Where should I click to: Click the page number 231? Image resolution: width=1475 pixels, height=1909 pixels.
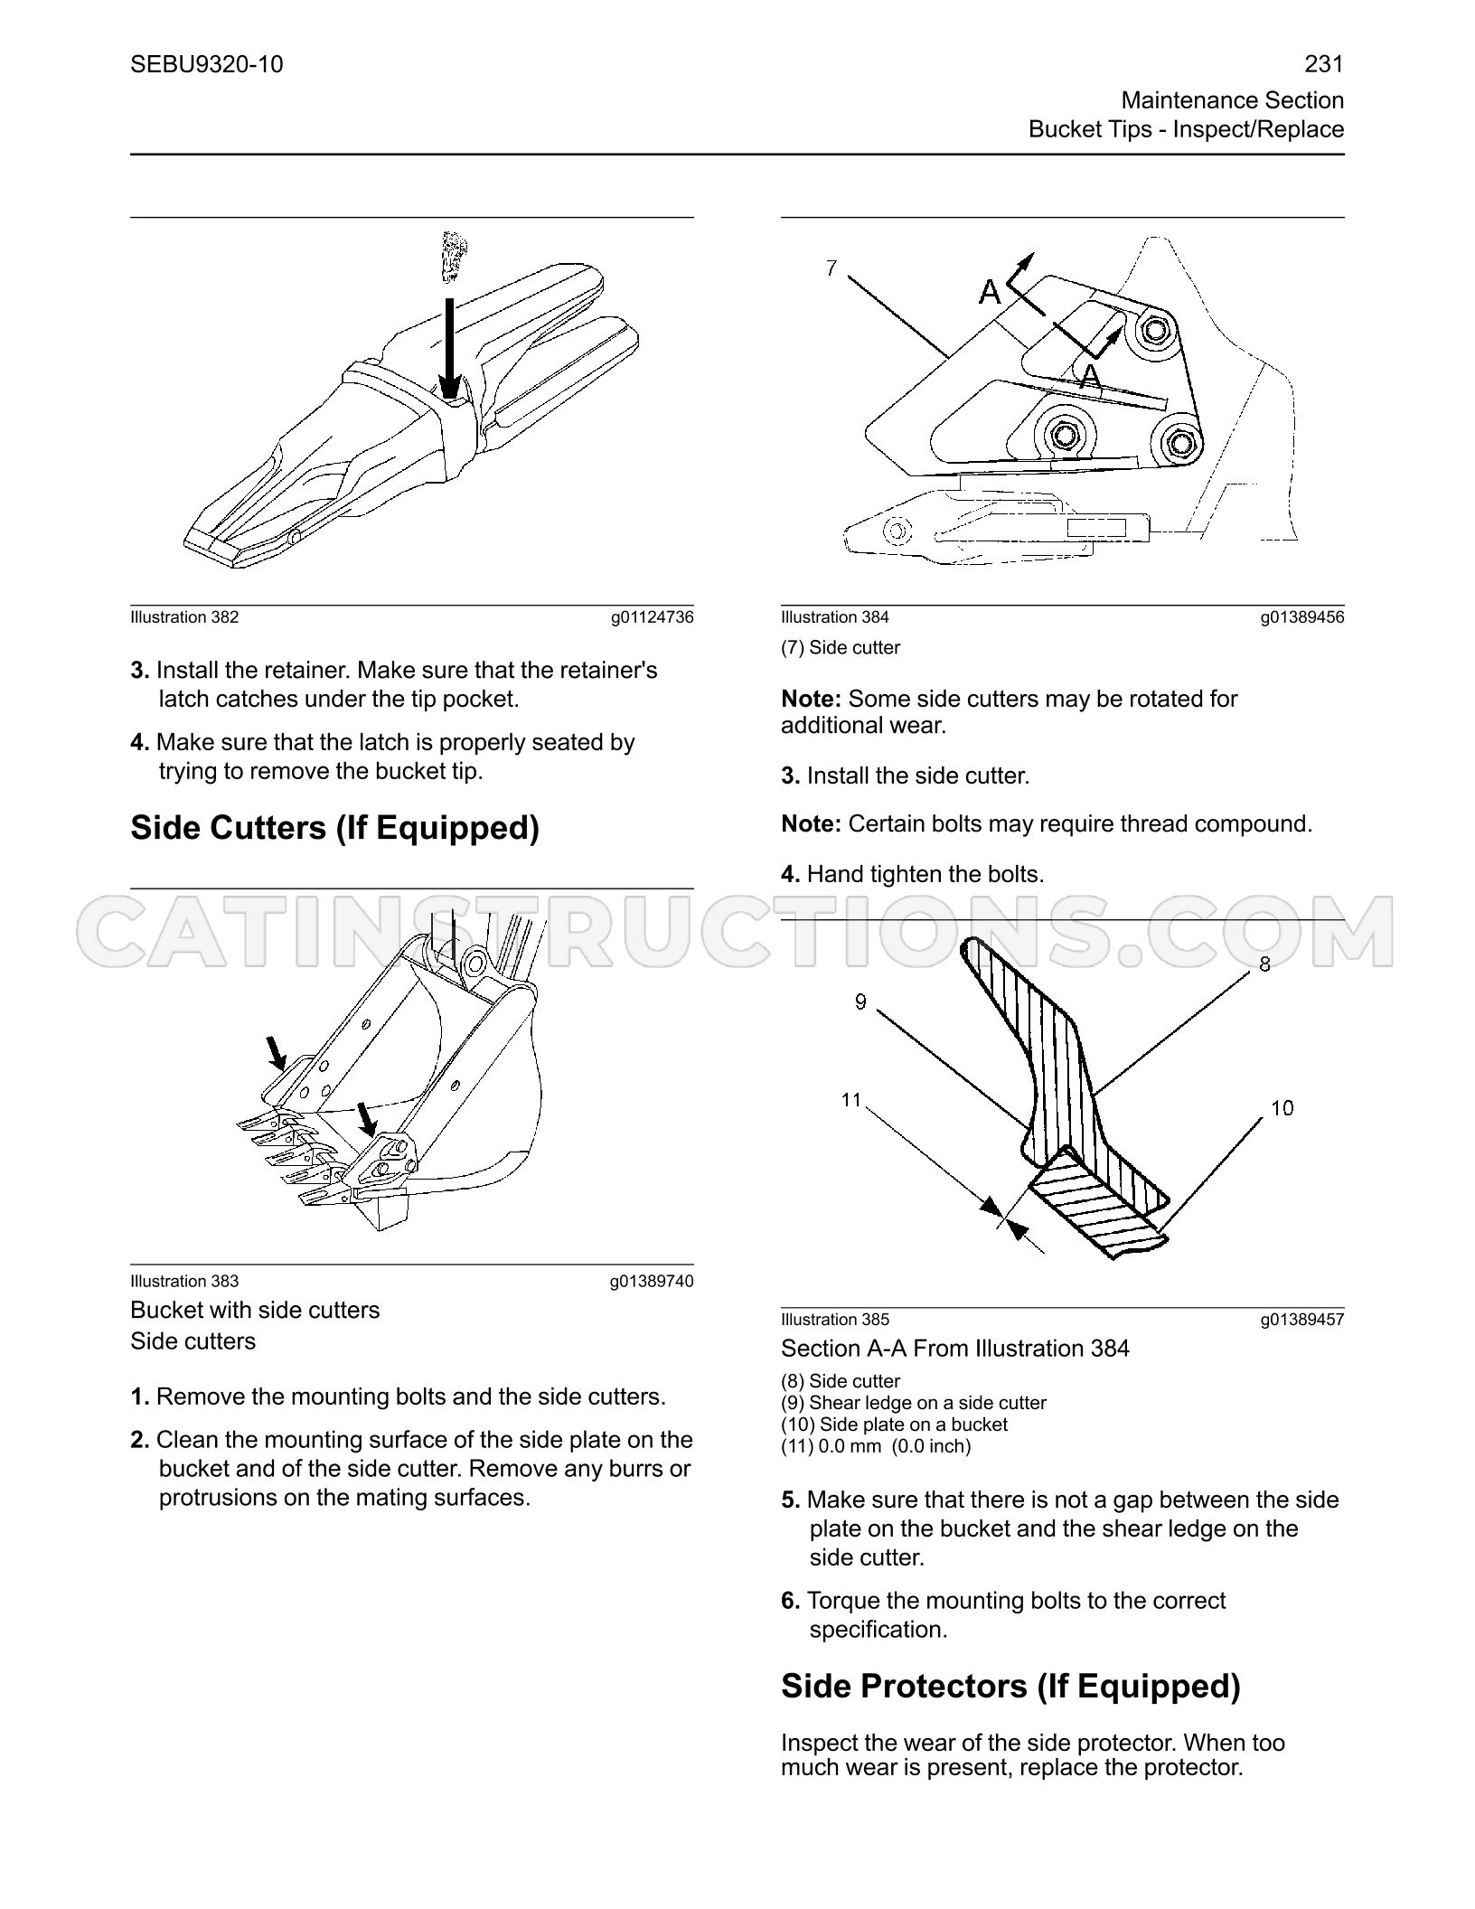1324,64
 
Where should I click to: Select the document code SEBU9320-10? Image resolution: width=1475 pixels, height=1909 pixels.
207,64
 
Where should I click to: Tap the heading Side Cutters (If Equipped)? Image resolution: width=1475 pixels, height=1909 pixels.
334,828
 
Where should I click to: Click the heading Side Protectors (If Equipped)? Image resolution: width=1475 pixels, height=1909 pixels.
1010,1686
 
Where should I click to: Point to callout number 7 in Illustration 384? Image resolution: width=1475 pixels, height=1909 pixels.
831,268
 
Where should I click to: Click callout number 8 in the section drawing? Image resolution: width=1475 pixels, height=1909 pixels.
1264,964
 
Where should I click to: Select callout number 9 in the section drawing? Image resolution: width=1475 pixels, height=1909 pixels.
860,1002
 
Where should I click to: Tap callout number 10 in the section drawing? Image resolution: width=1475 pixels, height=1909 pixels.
1282,1107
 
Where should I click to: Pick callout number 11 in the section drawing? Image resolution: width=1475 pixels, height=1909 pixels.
851,1099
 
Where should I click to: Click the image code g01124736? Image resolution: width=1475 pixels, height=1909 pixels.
653,617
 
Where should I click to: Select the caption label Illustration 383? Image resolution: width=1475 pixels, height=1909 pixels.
184,1281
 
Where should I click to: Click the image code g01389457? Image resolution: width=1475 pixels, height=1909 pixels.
1303,1319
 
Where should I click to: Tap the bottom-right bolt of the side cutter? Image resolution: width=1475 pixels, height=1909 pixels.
1179,442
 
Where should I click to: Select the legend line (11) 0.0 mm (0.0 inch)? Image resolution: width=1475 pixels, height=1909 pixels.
876,1446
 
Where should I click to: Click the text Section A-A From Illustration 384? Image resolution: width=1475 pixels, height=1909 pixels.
955,1349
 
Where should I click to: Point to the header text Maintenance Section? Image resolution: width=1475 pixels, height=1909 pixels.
1233,100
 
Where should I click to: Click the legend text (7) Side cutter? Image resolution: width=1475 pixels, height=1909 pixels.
841,647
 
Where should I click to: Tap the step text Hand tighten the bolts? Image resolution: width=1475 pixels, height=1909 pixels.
925,874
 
